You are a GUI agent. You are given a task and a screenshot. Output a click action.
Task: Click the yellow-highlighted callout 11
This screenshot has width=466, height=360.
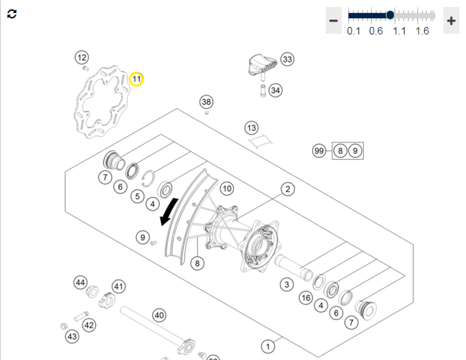136,80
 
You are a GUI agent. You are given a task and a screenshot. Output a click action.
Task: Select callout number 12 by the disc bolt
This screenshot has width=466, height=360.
82,58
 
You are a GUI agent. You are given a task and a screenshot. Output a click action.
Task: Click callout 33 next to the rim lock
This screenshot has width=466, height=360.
287,60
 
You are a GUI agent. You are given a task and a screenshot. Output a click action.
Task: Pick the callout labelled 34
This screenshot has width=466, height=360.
275,90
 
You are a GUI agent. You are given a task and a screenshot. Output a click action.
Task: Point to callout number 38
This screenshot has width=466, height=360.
206,102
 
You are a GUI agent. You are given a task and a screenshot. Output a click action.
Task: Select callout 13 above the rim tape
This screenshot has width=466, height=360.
252,128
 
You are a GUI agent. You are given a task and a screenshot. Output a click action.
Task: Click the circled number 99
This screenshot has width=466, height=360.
319,151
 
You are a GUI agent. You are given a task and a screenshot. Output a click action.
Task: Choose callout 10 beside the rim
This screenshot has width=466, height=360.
226,189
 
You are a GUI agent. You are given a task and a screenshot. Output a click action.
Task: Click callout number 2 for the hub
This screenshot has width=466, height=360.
288,189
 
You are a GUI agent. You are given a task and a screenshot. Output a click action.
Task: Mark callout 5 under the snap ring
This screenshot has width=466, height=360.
137,196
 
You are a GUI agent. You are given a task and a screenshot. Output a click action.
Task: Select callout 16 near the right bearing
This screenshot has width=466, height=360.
306,298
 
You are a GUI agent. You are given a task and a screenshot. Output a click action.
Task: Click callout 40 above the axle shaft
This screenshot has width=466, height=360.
159,316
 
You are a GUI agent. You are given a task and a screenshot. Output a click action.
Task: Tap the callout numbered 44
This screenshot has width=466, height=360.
81,282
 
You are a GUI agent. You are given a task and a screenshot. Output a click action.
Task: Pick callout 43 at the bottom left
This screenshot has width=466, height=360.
72,337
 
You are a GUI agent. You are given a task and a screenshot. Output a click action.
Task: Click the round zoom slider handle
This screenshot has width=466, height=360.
390,15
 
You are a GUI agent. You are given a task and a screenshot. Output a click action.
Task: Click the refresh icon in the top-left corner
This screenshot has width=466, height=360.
12,14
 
